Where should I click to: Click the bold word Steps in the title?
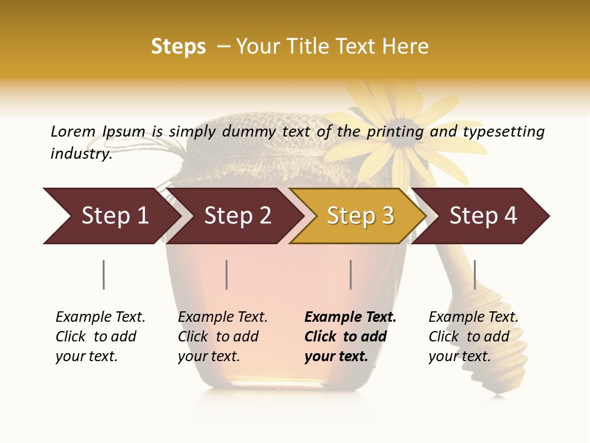click(178, 47)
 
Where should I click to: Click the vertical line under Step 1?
click(104, 274)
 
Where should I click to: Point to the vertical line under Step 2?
click(227, 274)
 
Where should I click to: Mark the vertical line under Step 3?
click(351, 274)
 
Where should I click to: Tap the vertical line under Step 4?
click(474, 274)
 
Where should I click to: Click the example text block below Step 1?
click(100, 337)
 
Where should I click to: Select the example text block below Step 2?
click(222, 337)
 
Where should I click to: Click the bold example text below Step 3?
click(350, 337)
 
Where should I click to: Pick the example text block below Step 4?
click(473, 337)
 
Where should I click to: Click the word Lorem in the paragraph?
click(73, 131)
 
